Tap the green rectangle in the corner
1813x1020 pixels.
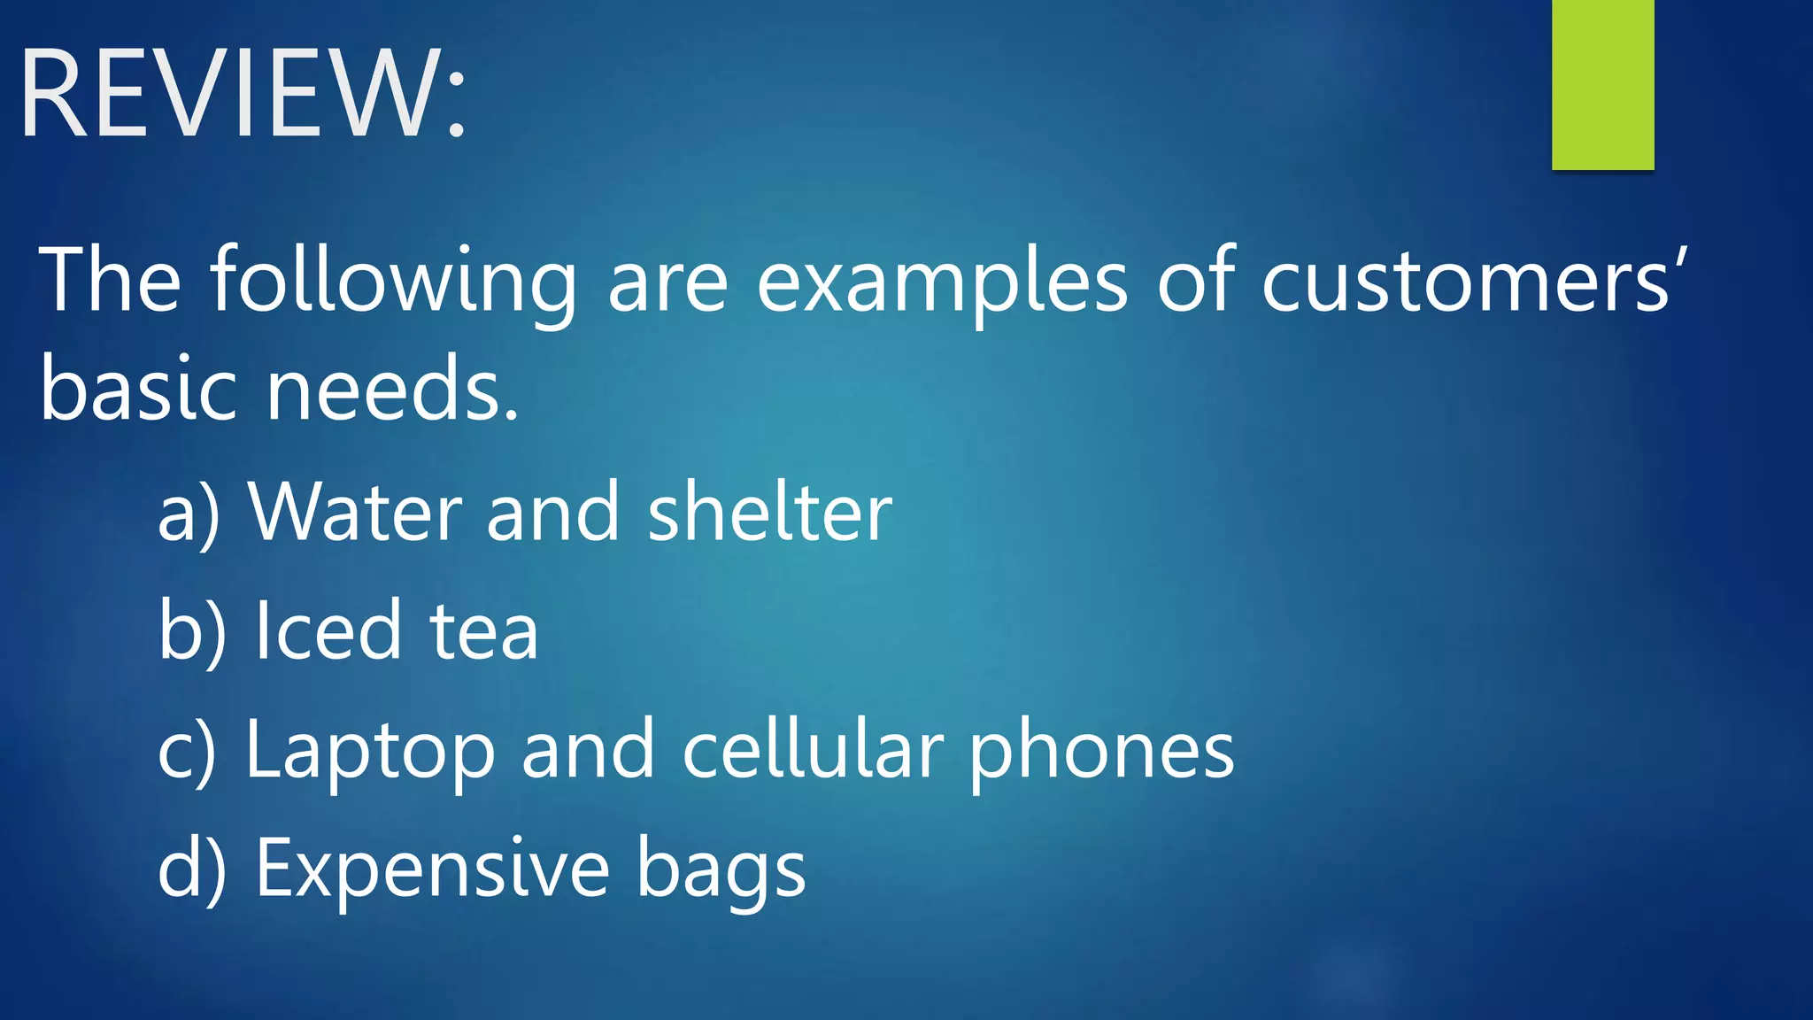[x=1602, y=84]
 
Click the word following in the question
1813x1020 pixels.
[x=393, y=282]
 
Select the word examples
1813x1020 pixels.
[x=942, y=282]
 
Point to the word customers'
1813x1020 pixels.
[x=1473, y=282]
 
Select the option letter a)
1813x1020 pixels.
[x=188, y=514]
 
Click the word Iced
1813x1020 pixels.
[x=328, y=630]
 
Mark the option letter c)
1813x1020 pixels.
[x=187, y=751]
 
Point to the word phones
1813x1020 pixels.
[x=1101, y=751]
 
